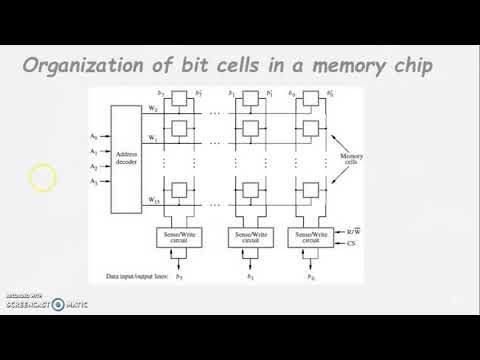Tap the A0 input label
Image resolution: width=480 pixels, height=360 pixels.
(93, 135)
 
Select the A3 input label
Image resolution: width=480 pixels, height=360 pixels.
(93, 182)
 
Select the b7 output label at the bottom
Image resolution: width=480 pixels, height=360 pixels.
(179, 276)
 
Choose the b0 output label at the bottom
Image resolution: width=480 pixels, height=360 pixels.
(309, 276)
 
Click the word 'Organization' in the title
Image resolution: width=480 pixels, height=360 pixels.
(82, 68)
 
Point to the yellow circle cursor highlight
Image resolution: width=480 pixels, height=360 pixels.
(43, 179)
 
